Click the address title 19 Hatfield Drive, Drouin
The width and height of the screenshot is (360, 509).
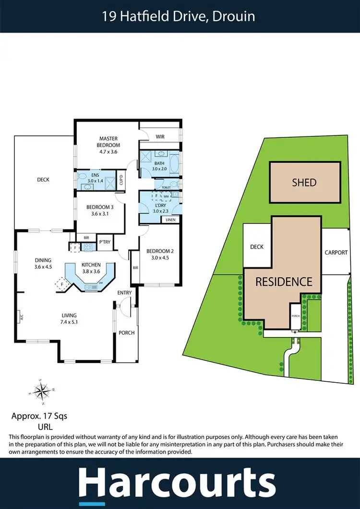tap(178, 16)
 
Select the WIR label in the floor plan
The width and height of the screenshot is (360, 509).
tap(160, 137)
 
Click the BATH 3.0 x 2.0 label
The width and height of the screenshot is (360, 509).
tap(159, 166)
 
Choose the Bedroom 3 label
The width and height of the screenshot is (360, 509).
tap(98, 211)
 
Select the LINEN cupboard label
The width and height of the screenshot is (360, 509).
tap(170, 219)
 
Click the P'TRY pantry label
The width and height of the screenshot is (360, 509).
tap(105, 242)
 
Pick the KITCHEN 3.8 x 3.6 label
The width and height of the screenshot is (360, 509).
tap(91, 268)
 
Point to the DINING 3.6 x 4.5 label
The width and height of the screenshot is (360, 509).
tap(43, 264)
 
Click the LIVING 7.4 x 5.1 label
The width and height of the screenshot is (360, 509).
tap(69, 318)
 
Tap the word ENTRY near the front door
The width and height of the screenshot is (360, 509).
tap(125, 292)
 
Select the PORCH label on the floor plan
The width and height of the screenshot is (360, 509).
tap(127, 333)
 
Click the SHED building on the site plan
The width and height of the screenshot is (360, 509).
tap(304, 182)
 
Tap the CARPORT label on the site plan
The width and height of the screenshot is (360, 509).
tap(336, 253)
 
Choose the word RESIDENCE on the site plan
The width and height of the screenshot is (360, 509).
tap(283, 281)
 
